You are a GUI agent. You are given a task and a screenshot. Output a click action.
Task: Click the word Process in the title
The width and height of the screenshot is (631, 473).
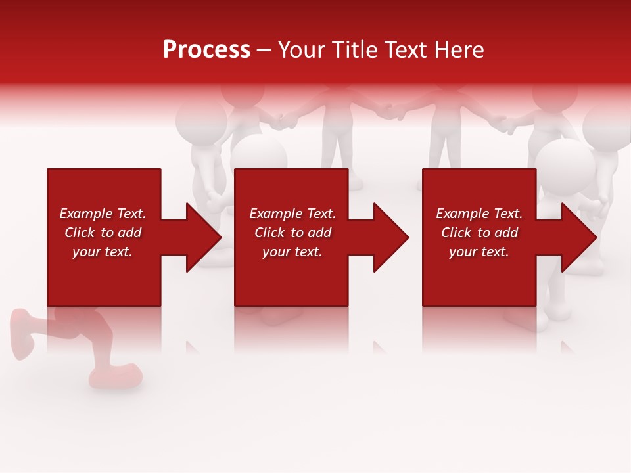point(206,50)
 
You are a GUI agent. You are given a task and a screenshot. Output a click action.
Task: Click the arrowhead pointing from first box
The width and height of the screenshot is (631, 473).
point(200,237)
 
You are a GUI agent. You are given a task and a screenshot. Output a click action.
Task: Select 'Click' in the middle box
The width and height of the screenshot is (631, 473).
point(269,233)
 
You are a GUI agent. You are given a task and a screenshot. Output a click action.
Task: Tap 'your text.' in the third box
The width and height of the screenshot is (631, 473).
point(479,252)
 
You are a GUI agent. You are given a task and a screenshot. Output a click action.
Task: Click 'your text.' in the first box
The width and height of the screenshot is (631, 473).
point(103,252)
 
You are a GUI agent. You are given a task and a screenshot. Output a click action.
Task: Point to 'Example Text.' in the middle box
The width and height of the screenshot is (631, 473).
point(292,214)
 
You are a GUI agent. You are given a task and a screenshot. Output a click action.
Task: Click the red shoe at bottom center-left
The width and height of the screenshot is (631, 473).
point(118,375)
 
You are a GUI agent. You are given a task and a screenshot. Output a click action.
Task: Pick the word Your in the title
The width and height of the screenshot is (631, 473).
point(302,50)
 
